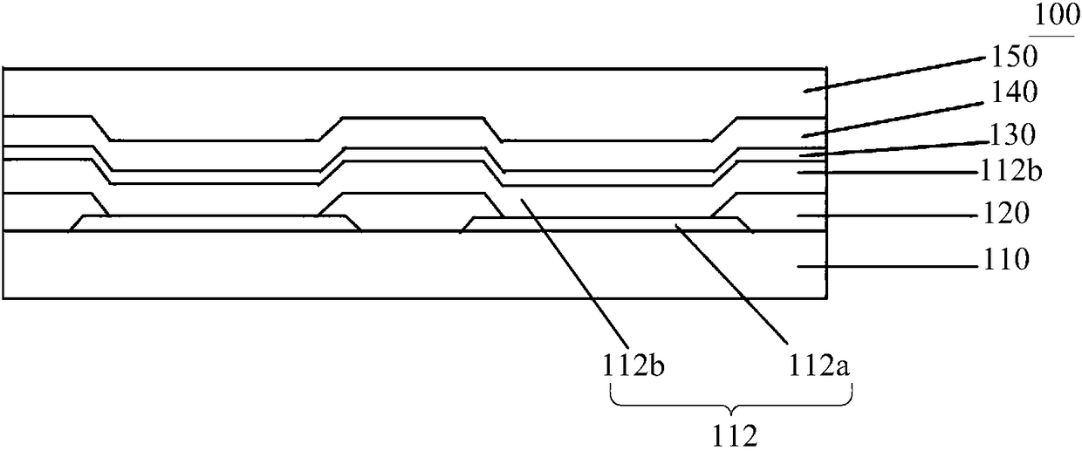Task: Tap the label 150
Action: (1013, 58)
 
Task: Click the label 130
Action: (1013, 135)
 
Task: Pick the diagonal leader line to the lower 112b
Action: (576, 270)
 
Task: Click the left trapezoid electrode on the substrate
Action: (215, 223)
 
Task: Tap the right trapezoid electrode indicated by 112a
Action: (606, 224)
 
